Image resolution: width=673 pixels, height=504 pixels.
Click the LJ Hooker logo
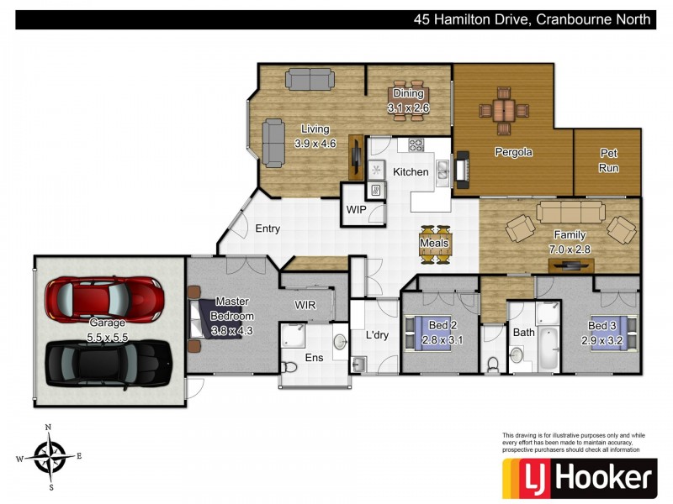point(579,477)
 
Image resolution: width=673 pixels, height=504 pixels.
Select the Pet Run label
point(608,160)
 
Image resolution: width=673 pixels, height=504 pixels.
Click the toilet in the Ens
point(289,365)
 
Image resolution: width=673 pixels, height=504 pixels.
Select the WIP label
point(356,210)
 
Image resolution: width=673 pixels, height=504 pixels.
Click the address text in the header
point(532,19)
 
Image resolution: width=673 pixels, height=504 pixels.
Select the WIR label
point(305,304)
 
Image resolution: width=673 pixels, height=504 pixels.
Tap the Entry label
point(268,228)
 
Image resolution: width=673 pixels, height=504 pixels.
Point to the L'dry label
point(377,334)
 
